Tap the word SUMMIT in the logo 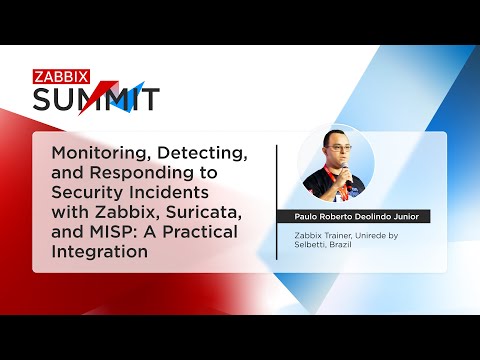coord(96,98)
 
